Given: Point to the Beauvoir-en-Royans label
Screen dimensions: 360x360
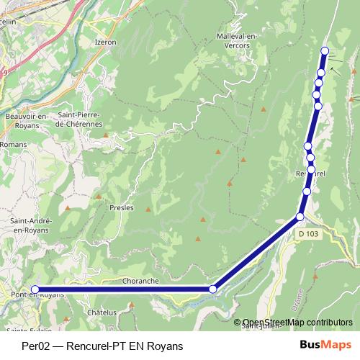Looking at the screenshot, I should (26, 120).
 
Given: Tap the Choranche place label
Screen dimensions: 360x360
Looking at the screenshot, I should (140, 280).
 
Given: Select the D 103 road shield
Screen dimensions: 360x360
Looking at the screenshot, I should (307, 233).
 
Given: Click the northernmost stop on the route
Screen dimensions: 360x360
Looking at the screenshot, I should (325, 50).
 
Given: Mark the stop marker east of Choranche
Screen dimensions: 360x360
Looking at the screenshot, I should (212, 289).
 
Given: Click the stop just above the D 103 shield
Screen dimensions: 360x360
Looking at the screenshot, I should (301, 216).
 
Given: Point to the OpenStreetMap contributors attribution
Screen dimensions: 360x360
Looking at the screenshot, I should (297, 323).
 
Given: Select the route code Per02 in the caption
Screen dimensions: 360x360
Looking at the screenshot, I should (35, 346).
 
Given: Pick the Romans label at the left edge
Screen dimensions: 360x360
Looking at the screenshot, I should (12, 145).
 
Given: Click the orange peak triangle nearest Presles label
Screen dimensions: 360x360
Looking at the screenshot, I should (148, 210).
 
